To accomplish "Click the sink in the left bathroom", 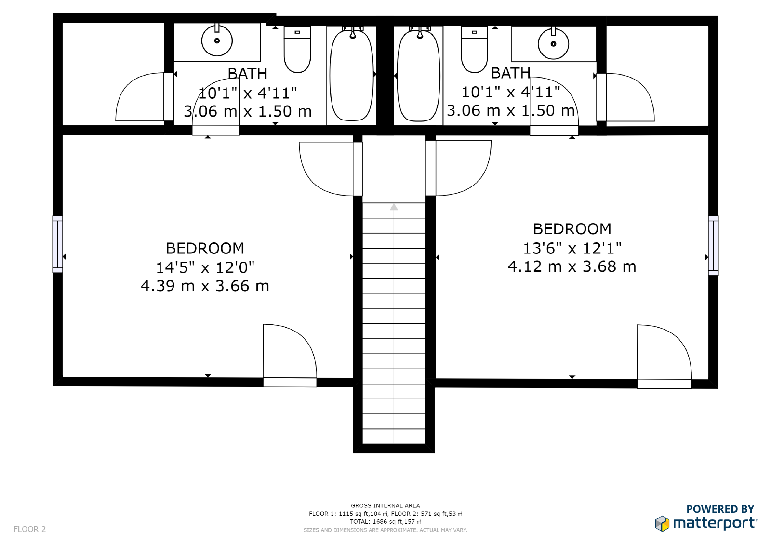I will point(217,41).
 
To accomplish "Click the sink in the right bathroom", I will point(553,44).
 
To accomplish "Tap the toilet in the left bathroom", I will point(297,50).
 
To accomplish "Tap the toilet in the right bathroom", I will point(475,50).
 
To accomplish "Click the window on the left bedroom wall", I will point(57,244).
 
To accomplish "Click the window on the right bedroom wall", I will point(713,246).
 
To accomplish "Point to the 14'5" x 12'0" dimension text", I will point(205,267).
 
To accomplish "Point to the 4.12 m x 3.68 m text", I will point(572,266).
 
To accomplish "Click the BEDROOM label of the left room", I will point(205,249).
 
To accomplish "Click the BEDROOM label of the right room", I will point(572,229).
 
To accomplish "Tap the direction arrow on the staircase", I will point(394,207).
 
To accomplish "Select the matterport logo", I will point(706,522).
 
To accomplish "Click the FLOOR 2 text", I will point(29,529).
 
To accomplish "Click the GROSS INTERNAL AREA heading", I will point(385,505).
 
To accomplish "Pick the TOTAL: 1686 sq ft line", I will point(385,521).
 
